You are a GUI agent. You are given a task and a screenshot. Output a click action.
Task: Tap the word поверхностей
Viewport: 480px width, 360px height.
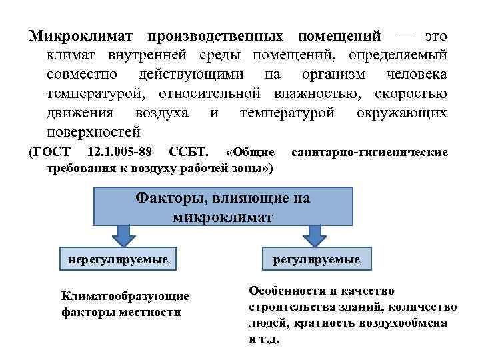coord(93,131)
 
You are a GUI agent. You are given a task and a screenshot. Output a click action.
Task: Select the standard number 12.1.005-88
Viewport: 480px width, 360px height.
coord(119,153)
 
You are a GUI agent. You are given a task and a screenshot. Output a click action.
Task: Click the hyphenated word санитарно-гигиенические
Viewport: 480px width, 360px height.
coord(370,153)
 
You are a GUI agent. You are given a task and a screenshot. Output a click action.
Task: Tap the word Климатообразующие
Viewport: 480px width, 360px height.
coord(125,295)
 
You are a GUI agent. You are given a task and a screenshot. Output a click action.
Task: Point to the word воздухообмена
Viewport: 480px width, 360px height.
coord(407,323)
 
